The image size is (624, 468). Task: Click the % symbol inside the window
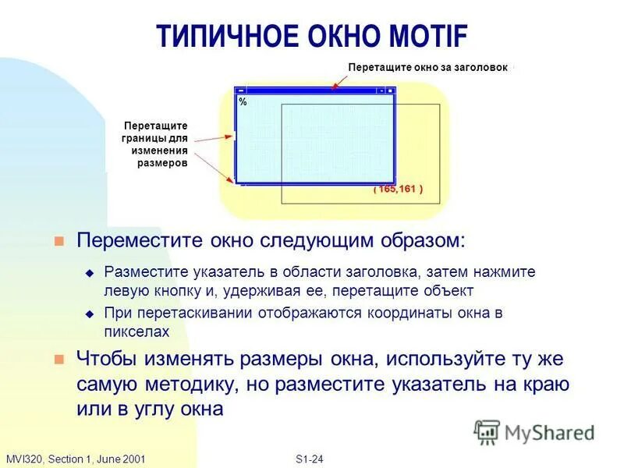243,102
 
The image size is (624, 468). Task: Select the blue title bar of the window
312,90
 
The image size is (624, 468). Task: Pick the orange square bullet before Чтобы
58,360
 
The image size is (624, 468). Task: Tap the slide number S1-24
310,459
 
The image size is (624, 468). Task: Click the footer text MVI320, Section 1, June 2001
76,459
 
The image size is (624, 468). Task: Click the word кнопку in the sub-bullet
174,291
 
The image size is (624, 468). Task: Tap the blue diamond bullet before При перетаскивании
89,314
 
